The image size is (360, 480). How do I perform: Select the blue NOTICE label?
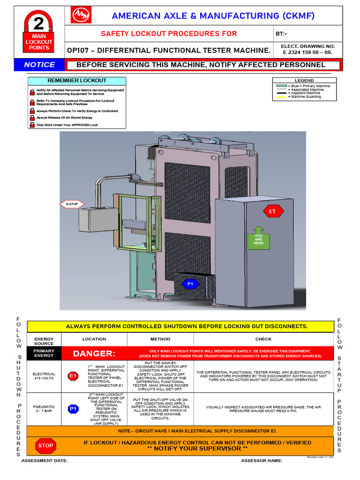[x=39, y=65]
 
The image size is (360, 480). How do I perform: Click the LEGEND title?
[x=304, y=81]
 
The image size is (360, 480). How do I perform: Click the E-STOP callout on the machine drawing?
[x=72, y=204]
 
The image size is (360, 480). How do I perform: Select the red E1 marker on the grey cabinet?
[x=272, y=212]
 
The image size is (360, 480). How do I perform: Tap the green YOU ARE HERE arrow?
[x=259, y=237]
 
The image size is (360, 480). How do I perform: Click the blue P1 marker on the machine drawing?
[x=190, y=284]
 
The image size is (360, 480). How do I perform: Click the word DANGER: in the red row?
[x=94, y=353]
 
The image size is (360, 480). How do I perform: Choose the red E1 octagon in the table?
[x=73, y=376]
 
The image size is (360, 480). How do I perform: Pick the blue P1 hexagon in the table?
[x=73, y=409]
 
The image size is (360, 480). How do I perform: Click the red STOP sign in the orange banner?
[x=45, y=445]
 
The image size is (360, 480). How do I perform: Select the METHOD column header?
[x=160, y=339]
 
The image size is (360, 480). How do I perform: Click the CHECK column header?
[x=263, y=339]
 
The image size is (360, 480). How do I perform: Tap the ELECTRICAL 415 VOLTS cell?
[x=44, y=376]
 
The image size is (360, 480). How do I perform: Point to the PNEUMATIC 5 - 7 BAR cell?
[x=44, y=409]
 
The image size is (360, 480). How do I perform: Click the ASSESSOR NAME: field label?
[x=262, y=461]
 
